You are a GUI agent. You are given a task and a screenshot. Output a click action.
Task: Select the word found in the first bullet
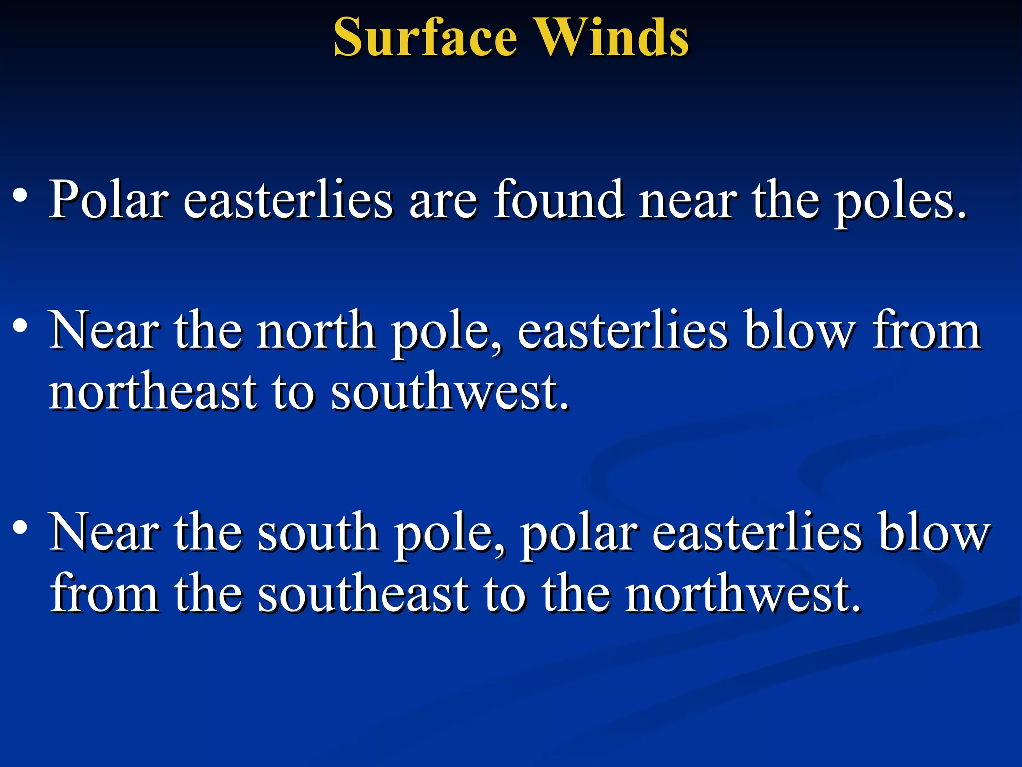(559, 200)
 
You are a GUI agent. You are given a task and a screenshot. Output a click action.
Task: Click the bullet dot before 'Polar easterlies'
(20, 195)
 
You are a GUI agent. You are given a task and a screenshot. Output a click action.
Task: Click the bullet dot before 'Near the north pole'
(20, 326)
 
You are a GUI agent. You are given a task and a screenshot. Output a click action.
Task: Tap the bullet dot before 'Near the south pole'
(20, 527)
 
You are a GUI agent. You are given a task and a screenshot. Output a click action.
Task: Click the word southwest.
(449, 392)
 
